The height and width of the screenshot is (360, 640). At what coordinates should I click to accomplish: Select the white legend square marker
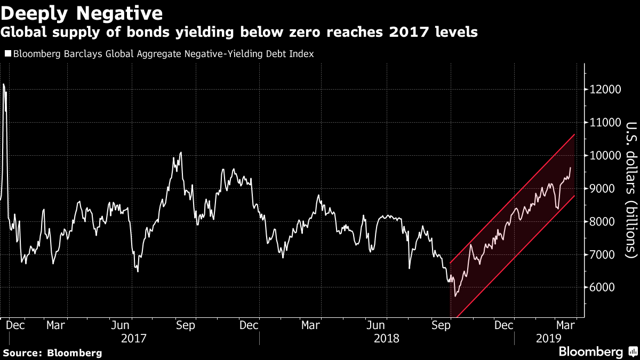click(x=7, y=54)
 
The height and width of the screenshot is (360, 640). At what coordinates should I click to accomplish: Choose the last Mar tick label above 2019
click(x=565, y=325)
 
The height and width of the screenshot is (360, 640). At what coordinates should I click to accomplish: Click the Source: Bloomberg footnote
click(x=52, y=353)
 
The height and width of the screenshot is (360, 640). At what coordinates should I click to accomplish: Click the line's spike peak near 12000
click(x=4, y=84)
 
